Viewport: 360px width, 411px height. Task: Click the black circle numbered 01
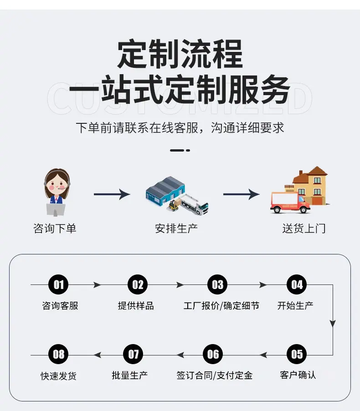point(58,284)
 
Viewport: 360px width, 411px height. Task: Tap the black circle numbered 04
point(297,284)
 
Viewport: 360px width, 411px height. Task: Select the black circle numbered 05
point(297,354)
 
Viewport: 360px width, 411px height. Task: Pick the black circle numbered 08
point(58,354)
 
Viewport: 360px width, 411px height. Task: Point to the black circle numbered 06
point(213,354)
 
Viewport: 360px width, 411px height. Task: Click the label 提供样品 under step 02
point(136,305)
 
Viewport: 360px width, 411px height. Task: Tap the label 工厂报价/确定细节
point(221,305)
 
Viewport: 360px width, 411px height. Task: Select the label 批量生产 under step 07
point(129,375)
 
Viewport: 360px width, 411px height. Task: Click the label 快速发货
point(58,376)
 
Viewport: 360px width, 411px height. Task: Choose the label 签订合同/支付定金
point(214,375)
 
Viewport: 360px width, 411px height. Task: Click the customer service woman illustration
point(57,192)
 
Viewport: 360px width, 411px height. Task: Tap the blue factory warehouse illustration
point(165,191)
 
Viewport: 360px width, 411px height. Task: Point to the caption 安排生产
point(176,228)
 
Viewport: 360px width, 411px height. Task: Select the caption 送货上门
point(304,228)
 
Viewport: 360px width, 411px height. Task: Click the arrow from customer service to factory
point(112,194)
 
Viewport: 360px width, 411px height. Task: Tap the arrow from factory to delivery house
point(242,194)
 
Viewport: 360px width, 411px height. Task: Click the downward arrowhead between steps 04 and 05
point(333,324)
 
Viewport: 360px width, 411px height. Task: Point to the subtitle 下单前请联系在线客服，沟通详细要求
point(180,128)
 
